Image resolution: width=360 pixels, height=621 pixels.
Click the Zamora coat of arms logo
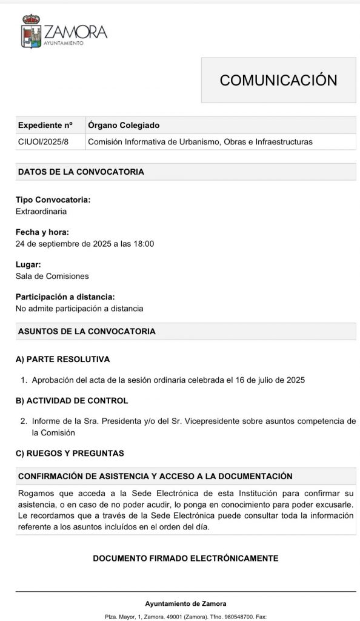click(x=32, y=32)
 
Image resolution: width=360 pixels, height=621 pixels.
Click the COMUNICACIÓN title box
click(x=278, y=80)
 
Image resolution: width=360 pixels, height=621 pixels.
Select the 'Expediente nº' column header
click(x=45, y=125)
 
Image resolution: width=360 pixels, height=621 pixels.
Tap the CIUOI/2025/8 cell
click(x=43, y=142)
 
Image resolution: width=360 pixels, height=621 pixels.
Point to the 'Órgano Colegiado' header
click(x=124, y=125)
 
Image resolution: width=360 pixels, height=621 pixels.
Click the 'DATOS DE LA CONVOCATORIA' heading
click(x=81, y=172)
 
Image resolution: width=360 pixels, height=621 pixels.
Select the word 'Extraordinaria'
click(x=41, y=212)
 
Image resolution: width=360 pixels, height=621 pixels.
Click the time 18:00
click(x=143, y=244)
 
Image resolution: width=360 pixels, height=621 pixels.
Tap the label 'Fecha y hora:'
click(x=42, y=232)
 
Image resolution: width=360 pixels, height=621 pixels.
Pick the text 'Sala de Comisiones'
click(x=52, y=276)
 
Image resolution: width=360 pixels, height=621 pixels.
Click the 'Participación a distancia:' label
click(x=65, y=297)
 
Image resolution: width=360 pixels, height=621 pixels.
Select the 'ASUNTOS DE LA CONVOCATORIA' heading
click(x=87, y=332)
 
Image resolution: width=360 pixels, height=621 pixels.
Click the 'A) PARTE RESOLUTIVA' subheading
click(x=62, y=359)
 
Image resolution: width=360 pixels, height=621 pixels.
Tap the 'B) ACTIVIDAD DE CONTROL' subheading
click(x=72, y=401)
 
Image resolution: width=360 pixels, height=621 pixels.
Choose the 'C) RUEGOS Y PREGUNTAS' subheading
click(x=70, y=453)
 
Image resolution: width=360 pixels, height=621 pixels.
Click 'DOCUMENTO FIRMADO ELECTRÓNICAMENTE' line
click(x=185, y=558)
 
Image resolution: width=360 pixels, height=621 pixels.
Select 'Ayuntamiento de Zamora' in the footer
click(x=185, y=603)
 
